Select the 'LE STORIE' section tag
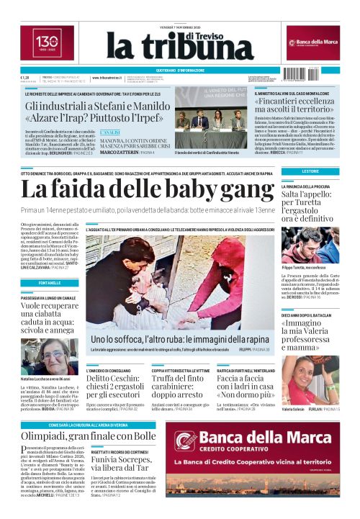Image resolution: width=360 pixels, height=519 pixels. pos(310,171)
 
